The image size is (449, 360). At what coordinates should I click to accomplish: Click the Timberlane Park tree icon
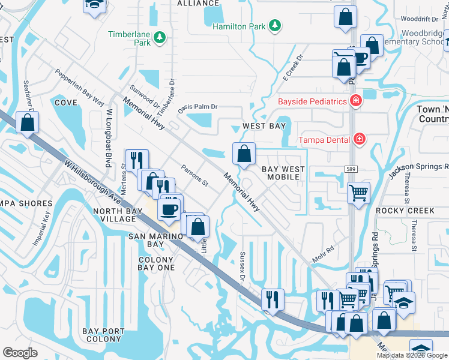160,38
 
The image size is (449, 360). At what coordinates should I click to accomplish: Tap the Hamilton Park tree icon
274,26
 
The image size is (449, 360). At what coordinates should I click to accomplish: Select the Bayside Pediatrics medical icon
355,101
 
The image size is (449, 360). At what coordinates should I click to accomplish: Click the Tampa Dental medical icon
360,140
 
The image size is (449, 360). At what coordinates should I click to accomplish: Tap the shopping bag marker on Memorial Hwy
244,154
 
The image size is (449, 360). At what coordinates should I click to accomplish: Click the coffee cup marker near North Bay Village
169,209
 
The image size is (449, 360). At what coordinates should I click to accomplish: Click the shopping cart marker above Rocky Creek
358,193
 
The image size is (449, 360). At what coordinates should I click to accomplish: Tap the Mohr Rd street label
322,253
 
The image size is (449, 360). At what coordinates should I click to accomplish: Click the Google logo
20,352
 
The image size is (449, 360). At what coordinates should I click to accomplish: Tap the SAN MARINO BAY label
138,240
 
